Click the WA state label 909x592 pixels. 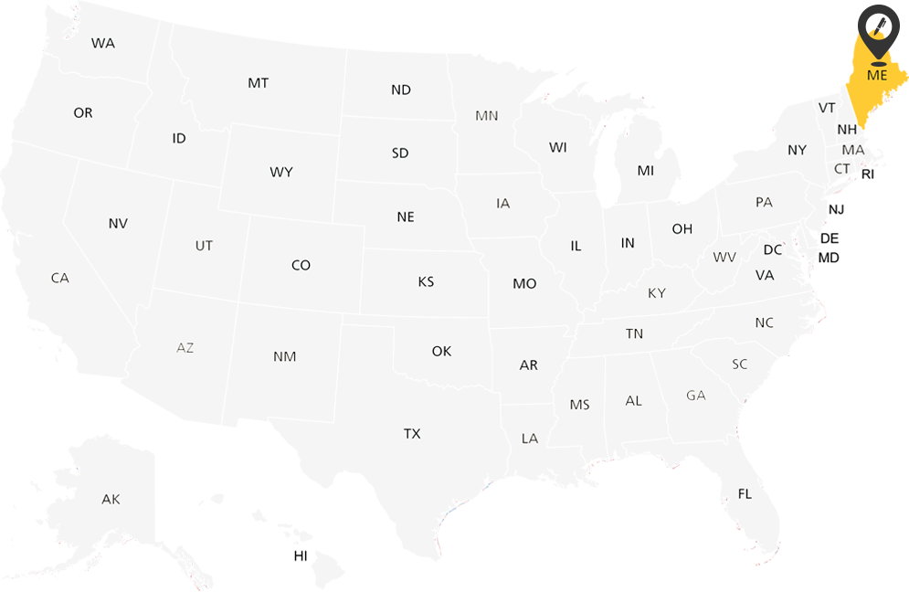(x=103, y=43)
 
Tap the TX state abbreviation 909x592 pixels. (x=412, y=433)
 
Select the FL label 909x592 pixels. (x=745, y=493)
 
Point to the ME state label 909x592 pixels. (x=877, y=75)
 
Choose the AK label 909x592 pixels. (x=111, y=499)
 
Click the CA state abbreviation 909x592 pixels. (x=60, y=278)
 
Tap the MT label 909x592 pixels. (x=258, y=83)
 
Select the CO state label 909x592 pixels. (x=301, y=265)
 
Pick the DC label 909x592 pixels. (x=773, y=249)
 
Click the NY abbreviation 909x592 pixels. (x=798, y=150)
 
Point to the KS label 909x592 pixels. (x=426, y=281)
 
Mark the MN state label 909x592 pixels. (x=487, y=116)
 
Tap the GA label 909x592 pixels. (x=696, y=396)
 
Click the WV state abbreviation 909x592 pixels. (x=724, y=258)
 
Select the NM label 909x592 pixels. (x=285, y=356)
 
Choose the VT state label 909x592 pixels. (x=827, y=108)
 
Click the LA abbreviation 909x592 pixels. (x=530, y=439)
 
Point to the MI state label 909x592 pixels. (x=646, y=171)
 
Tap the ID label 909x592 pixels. (x=179, y=138)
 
